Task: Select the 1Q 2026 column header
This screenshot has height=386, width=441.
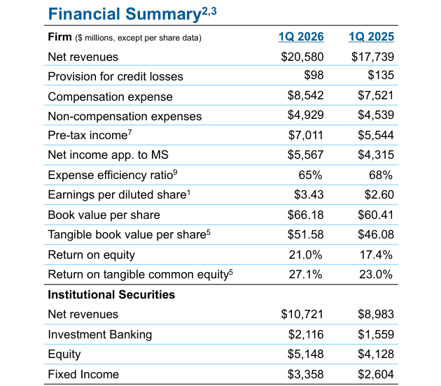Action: tap(300, 37)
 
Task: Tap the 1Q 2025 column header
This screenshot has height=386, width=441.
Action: tap(372, 37)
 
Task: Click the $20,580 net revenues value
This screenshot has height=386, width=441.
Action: tap(300, 57)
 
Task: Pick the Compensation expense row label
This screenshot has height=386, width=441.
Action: tap(100, 96)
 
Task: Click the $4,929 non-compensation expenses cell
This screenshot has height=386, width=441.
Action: tap(305, 115)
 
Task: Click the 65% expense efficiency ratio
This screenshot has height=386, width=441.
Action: tap(311, 175)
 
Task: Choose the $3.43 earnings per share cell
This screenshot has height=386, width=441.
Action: tap(308, 194)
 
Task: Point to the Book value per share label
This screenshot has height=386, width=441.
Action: tap(104, 215)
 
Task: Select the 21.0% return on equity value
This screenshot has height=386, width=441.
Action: tap(306, 255)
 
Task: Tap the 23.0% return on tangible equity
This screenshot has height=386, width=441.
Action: tap(376, 274)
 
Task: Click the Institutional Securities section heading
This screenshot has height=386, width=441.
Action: tap(111, 294)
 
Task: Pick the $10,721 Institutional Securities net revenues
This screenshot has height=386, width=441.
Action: tap(302, 315)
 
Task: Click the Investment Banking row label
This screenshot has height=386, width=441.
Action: tap(99, 334)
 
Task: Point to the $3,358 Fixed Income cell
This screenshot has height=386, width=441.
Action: tap(305, 374)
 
